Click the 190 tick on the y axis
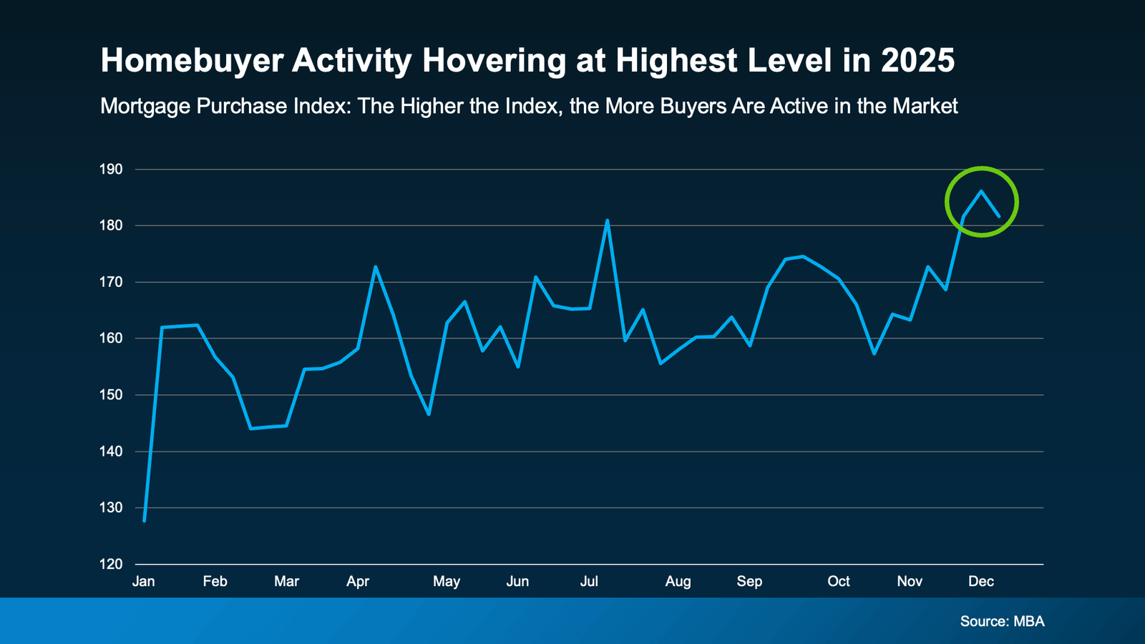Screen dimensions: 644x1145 click(111, 170)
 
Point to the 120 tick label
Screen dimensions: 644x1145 click(111, 564)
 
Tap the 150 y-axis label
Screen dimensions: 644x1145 click(111, 395)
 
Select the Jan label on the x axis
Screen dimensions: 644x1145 click(143, 581)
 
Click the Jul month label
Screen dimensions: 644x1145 click(589, 581)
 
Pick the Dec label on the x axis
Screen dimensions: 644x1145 click(980, 581)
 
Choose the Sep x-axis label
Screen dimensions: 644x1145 click(749, 581)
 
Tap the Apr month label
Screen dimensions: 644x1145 click(357, 581)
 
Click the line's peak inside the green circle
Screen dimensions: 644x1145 click(981, 191)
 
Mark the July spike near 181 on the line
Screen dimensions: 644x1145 click(607, 220)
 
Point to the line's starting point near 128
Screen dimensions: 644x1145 click(145, 520)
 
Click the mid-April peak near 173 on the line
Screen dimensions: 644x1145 click(375, 267)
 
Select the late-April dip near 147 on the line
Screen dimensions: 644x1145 click(429, 414)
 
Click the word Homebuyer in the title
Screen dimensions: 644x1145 click(191, 61)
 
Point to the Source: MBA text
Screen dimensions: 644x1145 click(1002, 621)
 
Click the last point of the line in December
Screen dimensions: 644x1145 click(998, 215)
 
